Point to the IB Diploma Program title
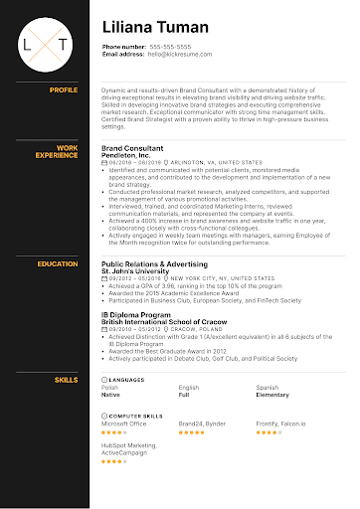pos(134,313)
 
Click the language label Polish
pos(110,387)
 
